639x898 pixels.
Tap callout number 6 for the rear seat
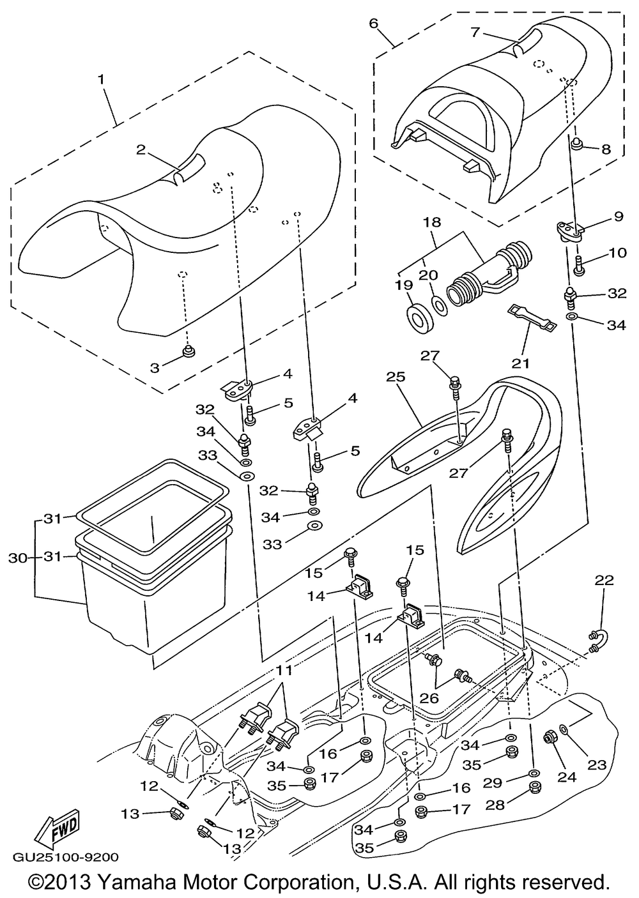pyautogui.click(x=374, y=23)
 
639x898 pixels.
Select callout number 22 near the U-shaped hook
pyautogui.click(x=604, y=581)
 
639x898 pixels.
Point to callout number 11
pyautogui.click(x=283, y=671)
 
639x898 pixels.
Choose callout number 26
pyautogui.click(x=429, y=698)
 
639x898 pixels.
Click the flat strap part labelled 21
pyautogui.click(x=531, y=318)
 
